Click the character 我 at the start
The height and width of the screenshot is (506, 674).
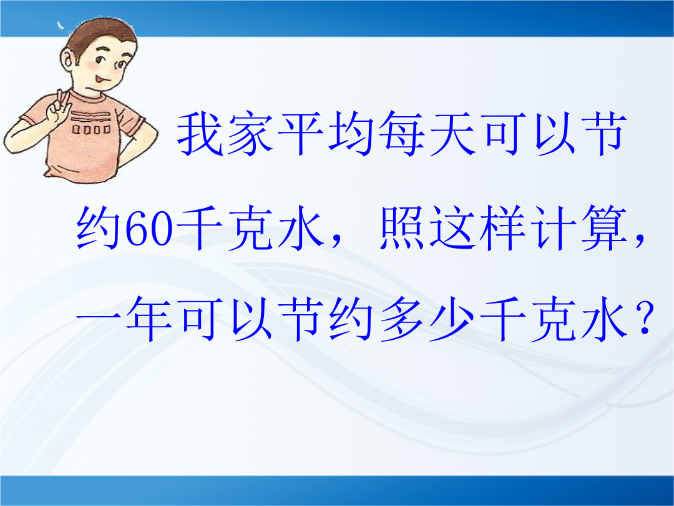(200, 134)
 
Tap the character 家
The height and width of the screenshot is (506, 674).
(251, 134)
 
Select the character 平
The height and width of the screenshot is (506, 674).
(301, 134)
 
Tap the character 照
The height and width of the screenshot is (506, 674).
(403, 228)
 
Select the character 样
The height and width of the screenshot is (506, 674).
(504, 228)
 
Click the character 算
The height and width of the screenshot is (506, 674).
(605, 228)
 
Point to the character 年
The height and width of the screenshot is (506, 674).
(150, 319)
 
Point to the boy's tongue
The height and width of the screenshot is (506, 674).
(99, 79)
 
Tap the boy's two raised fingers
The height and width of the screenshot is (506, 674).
(63, 99)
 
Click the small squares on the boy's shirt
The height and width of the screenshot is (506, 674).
(90, 129)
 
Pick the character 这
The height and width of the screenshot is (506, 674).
(453, 228)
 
